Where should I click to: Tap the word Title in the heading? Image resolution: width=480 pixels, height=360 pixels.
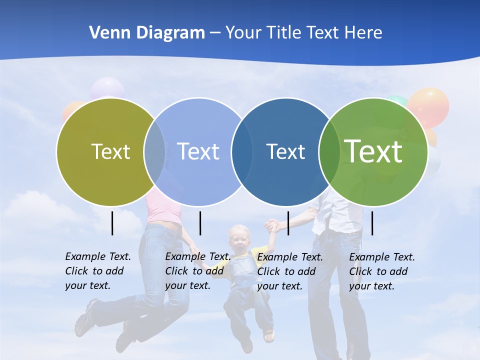pos(284,33)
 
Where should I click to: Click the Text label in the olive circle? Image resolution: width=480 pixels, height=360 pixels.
pos(110,151)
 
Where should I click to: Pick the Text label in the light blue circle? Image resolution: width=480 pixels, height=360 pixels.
pos(198,151)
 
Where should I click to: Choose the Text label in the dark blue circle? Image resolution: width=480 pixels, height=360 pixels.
pos(285,151)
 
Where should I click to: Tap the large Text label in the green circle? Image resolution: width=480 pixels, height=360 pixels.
pos(373,151)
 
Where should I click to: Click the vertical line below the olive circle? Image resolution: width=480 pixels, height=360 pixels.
pos(112,223)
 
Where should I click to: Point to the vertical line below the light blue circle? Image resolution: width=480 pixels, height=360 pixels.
pos(200,223)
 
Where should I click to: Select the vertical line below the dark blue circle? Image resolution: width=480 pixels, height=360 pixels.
pos(288,223)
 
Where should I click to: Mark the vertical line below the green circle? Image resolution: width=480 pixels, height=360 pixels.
pos(372,223)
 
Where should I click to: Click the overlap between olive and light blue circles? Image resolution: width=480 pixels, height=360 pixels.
pos(154,151)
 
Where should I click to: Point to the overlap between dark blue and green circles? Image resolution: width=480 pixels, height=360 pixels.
pos(329,151)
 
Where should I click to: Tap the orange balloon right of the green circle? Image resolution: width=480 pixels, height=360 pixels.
pos(429,106)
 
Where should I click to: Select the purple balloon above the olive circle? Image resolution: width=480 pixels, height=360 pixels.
pos(107,88)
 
